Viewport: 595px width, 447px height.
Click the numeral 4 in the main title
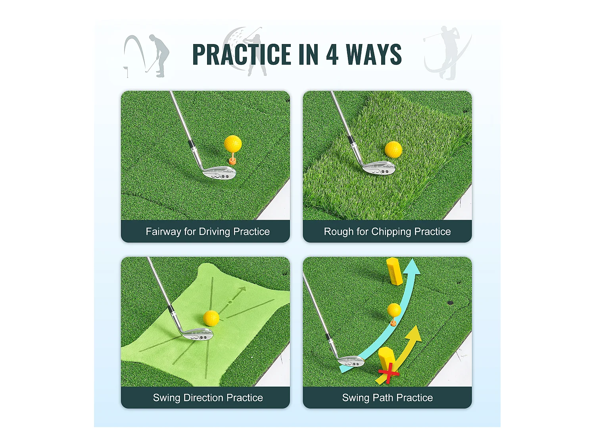332,54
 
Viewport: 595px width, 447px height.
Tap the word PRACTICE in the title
242,54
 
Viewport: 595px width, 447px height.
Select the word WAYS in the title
374,54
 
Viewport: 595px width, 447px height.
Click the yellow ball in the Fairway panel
233,143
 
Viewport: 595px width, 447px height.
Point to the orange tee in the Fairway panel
232,161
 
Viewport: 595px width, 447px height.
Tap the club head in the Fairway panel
219,172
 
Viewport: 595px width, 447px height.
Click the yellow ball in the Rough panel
393,149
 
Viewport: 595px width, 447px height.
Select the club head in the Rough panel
379,167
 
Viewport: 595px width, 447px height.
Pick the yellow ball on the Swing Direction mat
211,318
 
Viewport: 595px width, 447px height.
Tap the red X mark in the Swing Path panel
389,374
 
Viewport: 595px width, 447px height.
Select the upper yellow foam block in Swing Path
394,271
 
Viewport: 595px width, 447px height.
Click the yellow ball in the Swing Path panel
394,310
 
